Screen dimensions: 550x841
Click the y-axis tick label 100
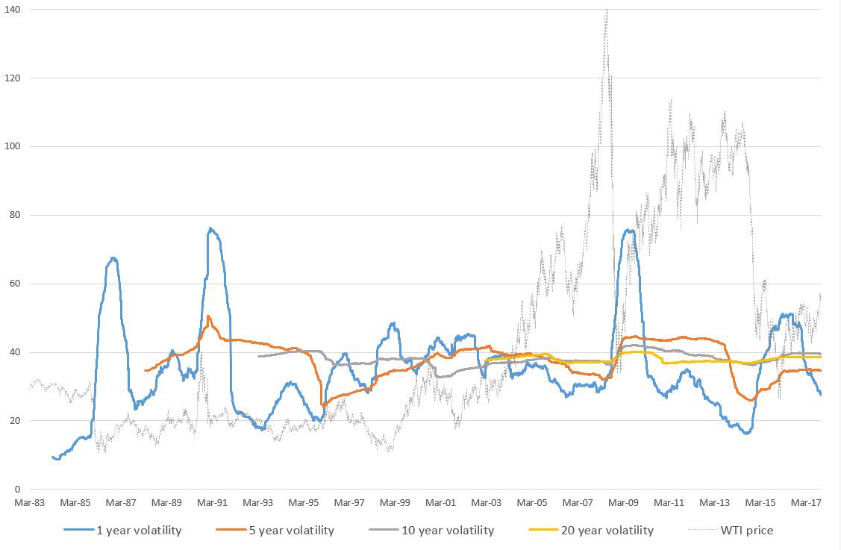11,146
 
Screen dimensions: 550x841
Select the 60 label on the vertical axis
14,284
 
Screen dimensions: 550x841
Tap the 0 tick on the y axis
16,490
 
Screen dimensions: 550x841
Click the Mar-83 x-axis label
30,503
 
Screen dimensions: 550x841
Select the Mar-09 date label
624,503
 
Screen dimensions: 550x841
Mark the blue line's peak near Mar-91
210,228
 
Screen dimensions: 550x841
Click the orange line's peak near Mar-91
208,316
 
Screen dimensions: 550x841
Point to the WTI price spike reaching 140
607,10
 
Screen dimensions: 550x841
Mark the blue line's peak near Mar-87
113,258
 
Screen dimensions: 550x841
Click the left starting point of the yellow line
486,360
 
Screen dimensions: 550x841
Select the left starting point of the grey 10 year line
257,356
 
